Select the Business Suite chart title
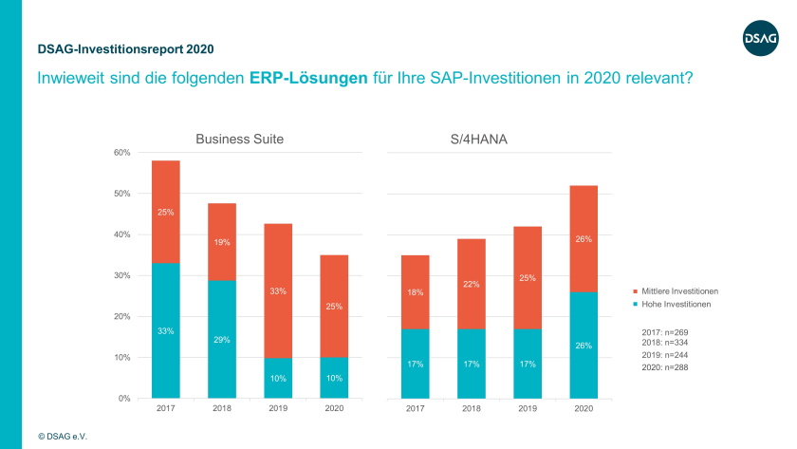point(239,139)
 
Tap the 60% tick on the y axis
point(122,153)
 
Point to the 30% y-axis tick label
point(122,275)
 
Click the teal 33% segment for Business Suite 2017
point(166,330)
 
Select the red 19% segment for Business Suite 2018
point(222,242)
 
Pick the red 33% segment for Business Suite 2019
point(278,290)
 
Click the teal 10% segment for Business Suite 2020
point(334,378)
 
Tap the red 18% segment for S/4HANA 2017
point(416,292)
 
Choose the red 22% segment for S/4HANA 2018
point(472,284)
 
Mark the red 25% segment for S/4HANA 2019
point(528,277)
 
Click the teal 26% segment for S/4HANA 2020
point(584,345)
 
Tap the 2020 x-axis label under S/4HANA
point(584,409)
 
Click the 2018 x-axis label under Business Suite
point(222,409)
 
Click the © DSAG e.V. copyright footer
point(65,436)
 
